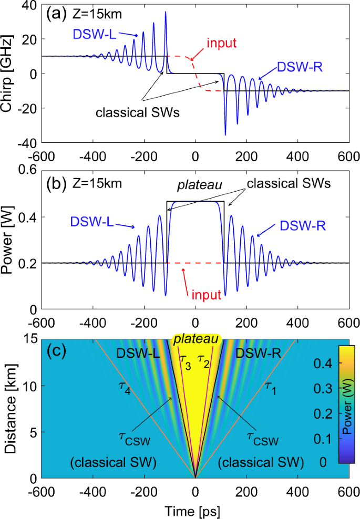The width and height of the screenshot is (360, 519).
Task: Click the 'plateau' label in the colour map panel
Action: pyautogui.click(x=195, y=340)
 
